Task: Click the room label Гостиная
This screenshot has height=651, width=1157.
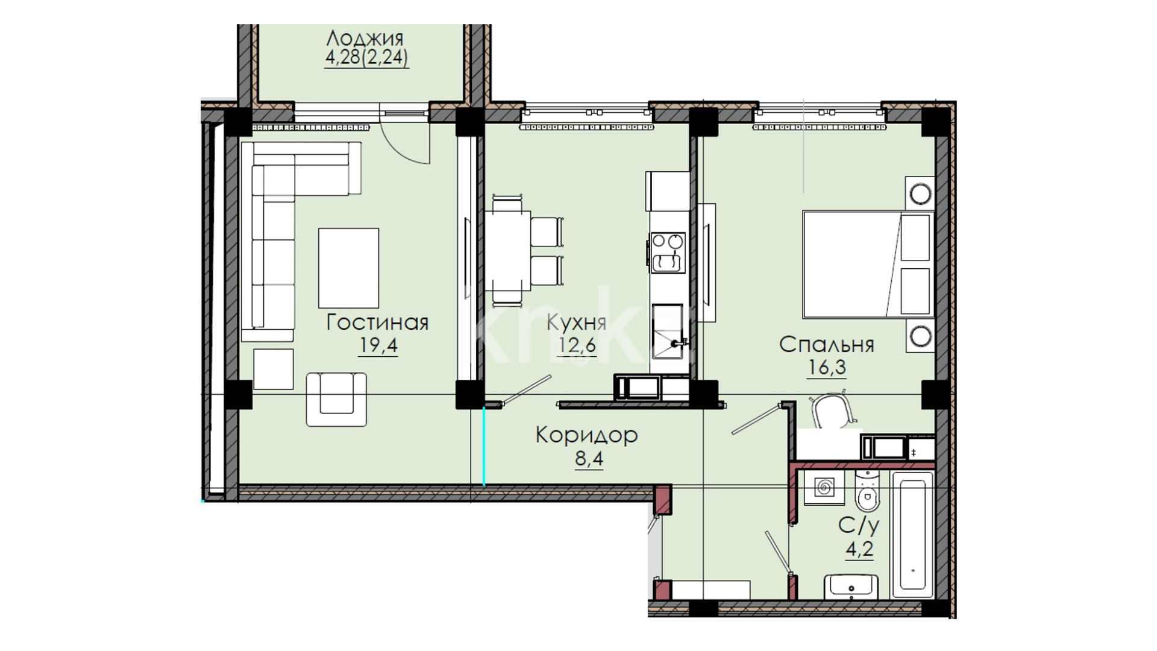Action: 377,322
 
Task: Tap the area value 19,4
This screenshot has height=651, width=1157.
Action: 378,346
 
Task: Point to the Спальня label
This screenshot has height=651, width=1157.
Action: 826,345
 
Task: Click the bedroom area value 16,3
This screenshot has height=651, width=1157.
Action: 827,367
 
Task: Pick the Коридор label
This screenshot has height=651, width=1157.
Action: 586,435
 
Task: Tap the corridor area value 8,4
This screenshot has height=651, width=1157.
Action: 589,459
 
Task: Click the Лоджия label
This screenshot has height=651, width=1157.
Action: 365,39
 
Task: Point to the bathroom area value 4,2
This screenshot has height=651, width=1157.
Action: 859,550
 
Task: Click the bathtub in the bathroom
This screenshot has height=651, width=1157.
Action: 912,534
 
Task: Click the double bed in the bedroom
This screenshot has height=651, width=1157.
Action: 868,263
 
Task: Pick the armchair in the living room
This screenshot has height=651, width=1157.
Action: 336,399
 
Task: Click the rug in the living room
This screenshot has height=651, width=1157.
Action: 348,268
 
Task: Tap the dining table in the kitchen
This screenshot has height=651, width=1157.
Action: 508,251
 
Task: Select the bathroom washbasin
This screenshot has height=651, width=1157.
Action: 851,586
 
